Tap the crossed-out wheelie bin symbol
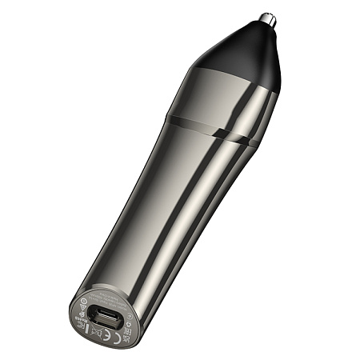click(96, 331)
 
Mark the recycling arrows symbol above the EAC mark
click(130, 324)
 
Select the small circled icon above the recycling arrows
click(130, 316)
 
